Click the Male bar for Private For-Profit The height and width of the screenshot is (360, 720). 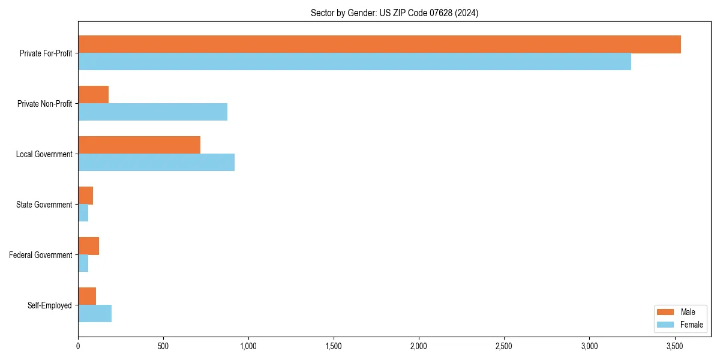click(x=379, y=44)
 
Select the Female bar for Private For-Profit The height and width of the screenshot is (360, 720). click(x=354, y=62)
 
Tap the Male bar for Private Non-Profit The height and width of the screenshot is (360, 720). click(x=93, y=95)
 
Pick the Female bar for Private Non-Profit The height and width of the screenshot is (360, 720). click(x=152, y=112)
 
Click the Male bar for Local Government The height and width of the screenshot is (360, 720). click(x=139, y=145)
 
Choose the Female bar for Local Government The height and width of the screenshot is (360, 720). click(x=156, y=163)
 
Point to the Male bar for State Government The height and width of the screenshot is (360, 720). click(x=85, y=196)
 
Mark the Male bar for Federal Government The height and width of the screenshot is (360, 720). click(x=88, y=246)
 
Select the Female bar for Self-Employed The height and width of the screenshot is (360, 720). click(x=95, y=314)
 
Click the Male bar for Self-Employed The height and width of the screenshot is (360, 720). click(x=87, y=296)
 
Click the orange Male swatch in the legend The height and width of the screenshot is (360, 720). click(x=665, y=312)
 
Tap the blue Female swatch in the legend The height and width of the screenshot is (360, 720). click(x=665, y=325)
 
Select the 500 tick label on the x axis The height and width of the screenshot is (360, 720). click(x=163, y=346)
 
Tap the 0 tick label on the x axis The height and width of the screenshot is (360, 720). click(x=78, y=346)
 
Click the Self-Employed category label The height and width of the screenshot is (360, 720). click(x=50, y=305)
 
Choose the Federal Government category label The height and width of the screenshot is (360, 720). click(x=41, y=255)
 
